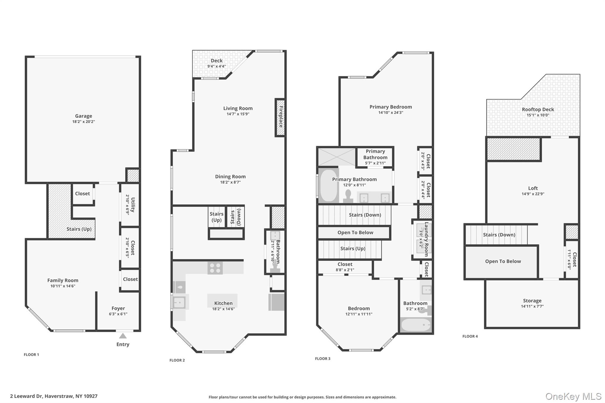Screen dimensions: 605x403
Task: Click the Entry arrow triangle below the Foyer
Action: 123,336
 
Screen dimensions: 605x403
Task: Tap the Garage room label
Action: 84,116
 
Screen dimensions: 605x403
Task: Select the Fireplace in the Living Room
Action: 280,118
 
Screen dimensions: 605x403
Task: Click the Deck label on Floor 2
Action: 217,61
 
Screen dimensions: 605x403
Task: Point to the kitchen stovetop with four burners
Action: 215,268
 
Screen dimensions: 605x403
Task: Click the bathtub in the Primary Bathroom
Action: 329,185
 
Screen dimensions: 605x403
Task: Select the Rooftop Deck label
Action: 538,109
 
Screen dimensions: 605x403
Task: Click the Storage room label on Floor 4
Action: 532,301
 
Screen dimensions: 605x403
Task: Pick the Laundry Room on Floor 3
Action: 422,239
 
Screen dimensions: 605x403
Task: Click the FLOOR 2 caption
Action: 177,360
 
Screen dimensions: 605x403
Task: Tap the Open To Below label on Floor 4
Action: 503,261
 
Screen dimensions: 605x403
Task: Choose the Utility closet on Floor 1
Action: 130,205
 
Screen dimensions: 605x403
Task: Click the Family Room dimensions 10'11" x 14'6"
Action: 63,286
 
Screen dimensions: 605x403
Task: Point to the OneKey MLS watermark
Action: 573,397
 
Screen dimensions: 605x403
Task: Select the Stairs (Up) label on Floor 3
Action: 353,249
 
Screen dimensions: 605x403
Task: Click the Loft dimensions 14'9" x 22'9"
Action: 533,194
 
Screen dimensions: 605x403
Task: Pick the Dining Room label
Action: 230,177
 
